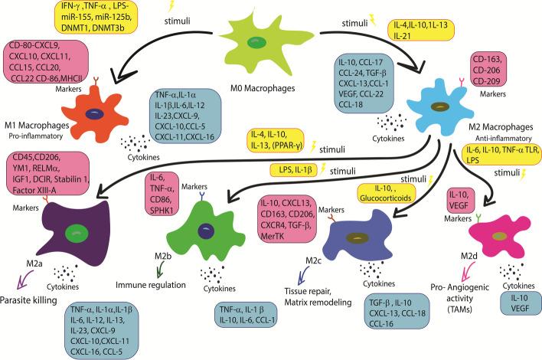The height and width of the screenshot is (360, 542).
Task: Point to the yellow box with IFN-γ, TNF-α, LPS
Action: [x=100, y=14]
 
